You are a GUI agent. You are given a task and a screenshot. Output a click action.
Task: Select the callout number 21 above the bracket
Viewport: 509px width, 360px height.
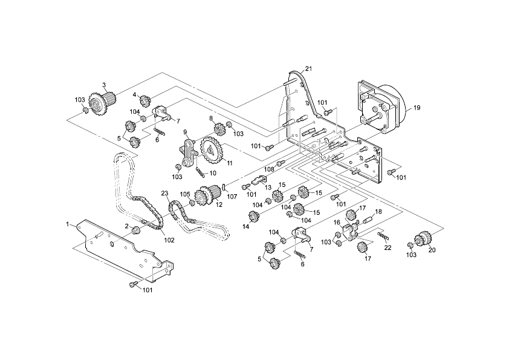click(x=308, y=68)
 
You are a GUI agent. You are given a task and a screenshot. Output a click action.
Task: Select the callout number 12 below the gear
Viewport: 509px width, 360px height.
click(x=219, y=205)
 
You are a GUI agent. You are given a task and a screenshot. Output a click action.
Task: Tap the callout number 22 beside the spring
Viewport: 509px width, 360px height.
click(x=388, y=247)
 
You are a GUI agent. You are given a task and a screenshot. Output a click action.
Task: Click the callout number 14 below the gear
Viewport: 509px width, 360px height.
click(x=246, y=227)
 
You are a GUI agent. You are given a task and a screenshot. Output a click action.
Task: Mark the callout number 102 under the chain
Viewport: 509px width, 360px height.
click(x=169, y=240)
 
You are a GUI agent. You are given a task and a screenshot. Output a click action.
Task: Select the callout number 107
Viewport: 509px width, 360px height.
click(x=229, y=195)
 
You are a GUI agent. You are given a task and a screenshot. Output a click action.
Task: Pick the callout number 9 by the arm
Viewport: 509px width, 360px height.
click(x=186, y=133)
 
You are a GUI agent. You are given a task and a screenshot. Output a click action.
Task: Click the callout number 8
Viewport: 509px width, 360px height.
click(x=212, y=118)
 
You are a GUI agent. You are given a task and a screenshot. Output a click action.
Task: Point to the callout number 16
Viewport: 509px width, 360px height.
click(x=337, y=223)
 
